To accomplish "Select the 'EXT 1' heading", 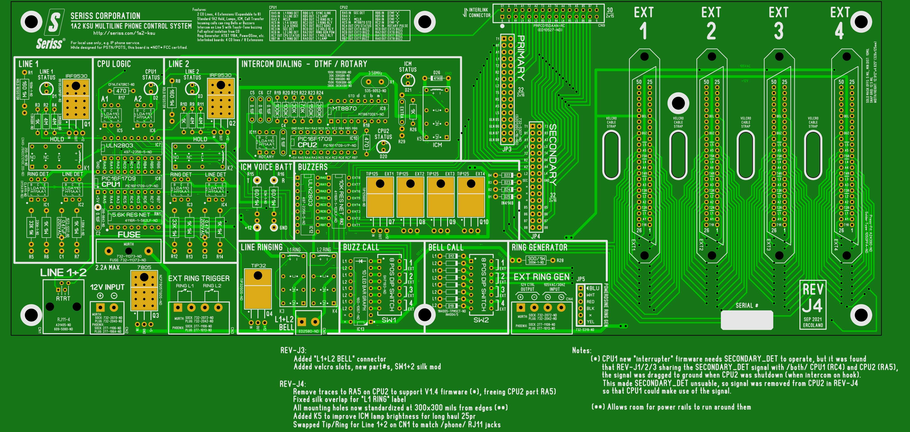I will click(x=644, y=23).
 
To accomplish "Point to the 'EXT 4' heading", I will click(x=840, y=23).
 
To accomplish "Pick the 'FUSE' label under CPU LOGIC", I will click(x=129, y=235).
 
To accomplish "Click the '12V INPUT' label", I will click(x=107, y=287).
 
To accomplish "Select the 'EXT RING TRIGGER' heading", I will click(x=199, y=278).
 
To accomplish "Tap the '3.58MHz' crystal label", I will click(x=375, y=73).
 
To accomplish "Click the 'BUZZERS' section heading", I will click(x=313, y=167).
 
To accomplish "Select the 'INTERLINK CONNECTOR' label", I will click(x=479, y=13).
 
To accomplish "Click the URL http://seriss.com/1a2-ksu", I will click(x=124, y=33).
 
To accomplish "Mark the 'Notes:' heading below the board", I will click(x=582, y=350).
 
